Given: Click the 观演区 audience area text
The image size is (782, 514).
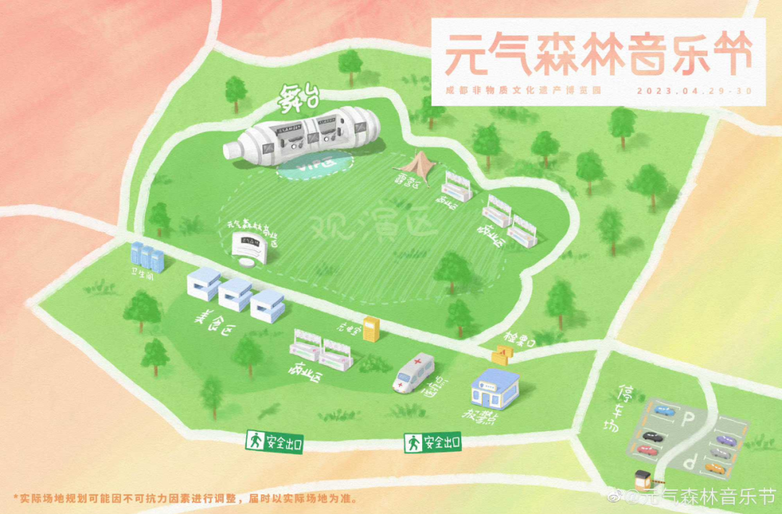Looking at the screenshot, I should pyautogui.click(x=373, y=227).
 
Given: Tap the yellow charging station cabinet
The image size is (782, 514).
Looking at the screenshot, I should pyautogui.click(x=371, y=330).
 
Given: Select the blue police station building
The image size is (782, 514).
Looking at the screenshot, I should pyautogui.click(x=495, y=391).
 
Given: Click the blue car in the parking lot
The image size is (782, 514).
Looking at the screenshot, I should pyautogui.click(x=663, y=410).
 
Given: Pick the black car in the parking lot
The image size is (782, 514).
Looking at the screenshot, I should pyautogui.click(x=651, y=437).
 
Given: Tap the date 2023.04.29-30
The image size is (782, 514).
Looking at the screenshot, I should pyautogui.click(x=694, y=91).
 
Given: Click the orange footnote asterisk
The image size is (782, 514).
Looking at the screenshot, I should pyautogui.click(x=15, y=499).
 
